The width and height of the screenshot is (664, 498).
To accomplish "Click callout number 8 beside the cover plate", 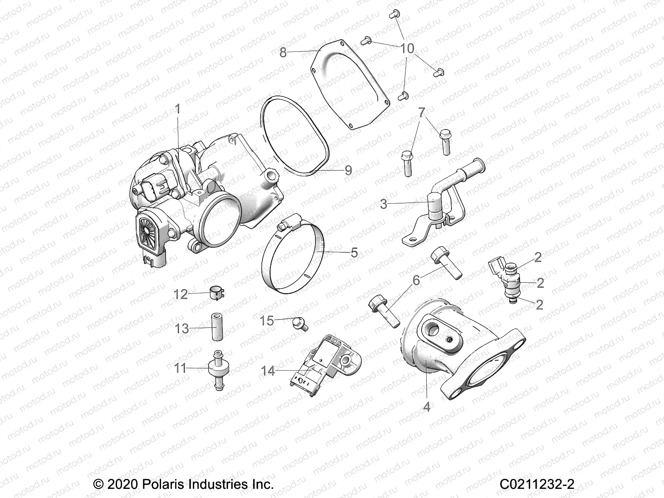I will (283, 53).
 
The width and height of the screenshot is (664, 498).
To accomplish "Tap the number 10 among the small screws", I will (407, 49).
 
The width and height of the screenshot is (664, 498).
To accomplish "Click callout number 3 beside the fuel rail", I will (383, 204).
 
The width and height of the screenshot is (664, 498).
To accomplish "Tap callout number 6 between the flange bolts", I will (416, 280).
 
